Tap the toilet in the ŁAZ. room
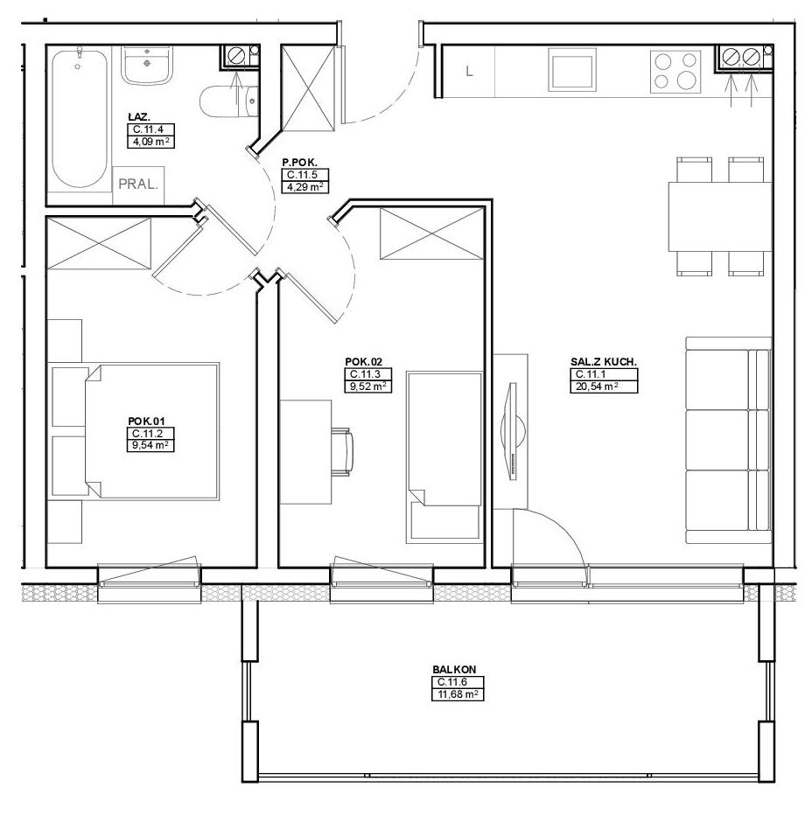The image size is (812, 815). pyautogui.click(x=229, y=101)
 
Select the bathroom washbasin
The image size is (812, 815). pyautogui.click(x=147, y=65)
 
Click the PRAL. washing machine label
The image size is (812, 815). pyautogui.click(x=138, y=184)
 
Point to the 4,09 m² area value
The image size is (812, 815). pyautogui.click(x=150, y=142)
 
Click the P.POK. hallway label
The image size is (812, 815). pyautogui.click(x=299, y=164)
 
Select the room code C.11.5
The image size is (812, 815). pyautogui.click(x=302, y=176)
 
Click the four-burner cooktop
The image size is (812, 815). pyautogui.click(x=675, y=70)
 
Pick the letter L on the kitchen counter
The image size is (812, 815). pyautogui.click(x=469, y=71)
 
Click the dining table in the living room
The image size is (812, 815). pyautogui.click(x=720, y=216)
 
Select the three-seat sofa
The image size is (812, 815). pyautogui.click(x=728, y=440)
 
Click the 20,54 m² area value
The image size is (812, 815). pyautogui.click(x=597, y=387)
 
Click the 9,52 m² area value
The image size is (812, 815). pyautogui.click(x=367, y=387)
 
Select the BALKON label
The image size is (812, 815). pyautogui.click(x=454, y=670)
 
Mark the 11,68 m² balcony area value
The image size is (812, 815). pyautogui.click(x=458, y=694)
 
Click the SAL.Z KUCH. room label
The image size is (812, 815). pyautogui.click(x=604, y=362)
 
